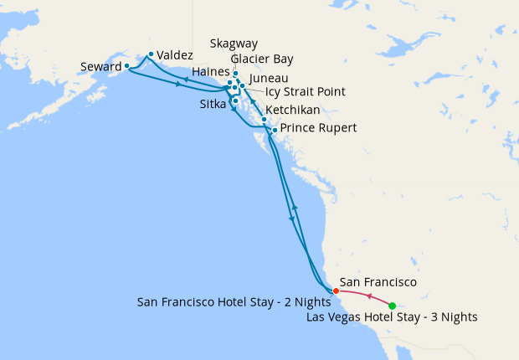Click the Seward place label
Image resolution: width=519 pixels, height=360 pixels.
pos(101,66)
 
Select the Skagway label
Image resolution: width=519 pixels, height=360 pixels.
pos(234,44)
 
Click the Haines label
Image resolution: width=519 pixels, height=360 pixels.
pos(210,72)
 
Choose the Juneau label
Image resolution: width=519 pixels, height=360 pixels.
pos(268,77)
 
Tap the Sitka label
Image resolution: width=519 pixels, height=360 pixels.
pos(213,105)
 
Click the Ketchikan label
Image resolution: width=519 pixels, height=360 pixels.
pos(291,110)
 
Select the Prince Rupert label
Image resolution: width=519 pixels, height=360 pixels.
pos(318,128)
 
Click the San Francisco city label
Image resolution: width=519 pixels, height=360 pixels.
pos(378,284)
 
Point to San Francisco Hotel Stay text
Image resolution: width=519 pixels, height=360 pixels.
pos(233,301)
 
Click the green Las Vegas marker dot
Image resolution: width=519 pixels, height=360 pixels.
pos(393,306)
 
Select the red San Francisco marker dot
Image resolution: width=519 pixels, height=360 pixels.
pos(336,291)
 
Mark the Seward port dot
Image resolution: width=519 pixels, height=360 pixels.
pos(126,65)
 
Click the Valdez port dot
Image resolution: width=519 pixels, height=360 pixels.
pos(151,54)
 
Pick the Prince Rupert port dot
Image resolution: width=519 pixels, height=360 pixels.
pos(275,130)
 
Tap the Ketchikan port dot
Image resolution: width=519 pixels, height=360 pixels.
pos(264,120)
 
